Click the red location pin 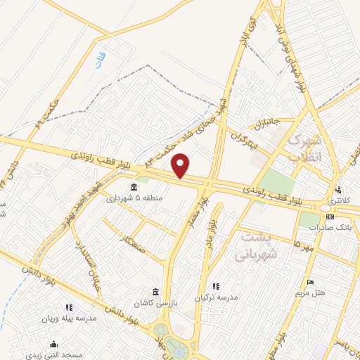pos(181,166)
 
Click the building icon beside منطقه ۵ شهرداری pos(134,186)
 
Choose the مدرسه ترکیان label pos(218,297)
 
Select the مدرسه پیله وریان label pos(69,318)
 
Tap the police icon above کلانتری pos(339,190)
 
